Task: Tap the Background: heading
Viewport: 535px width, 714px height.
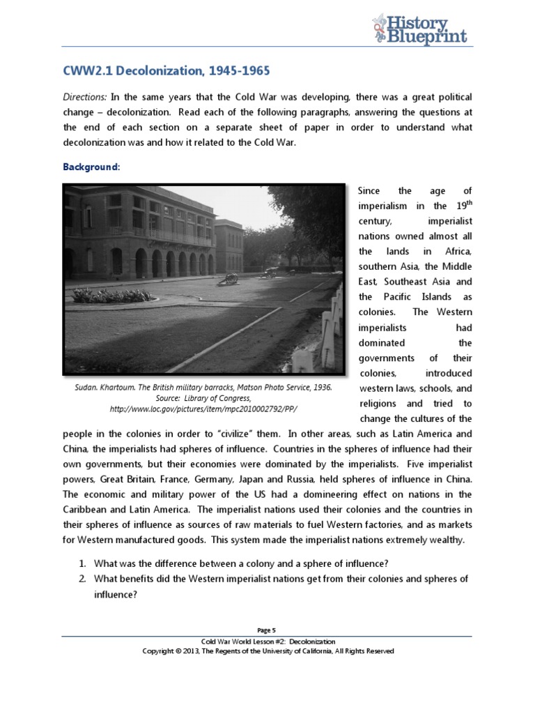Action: pyautogui.click(x=91, y=167)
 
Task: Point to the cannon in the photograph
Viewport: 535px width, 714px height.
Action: pyautogui.click(x=228, y=279)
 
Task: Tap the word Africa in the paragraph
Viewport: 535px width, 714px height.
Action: pyautogui.click(x=457, y=251)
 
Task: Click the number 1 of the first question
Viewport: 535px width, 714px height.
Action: pyautogui.click(x=81, y=564)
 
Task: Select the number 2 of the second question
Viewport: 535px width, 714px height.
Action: pyautogui.click(x=81, y=579)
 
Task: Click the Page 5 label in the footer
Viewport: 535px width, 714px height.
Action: pyautogui.click(x=267, y=629)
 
